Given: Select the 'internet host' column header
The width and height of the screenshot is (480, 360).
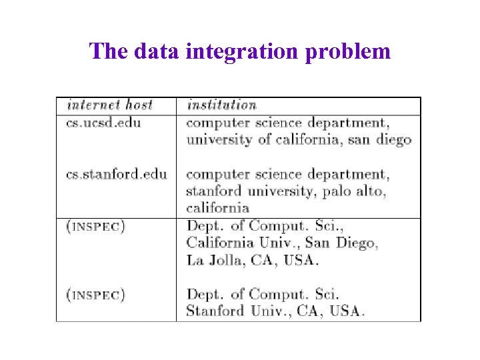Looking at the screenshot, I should pos(110,105).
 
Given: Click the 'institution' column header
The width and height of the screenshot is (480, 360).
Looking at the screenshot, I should pos(222,105).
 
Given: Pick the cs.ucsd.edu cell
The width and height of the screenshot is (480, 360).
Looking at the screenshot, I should pos(104,123).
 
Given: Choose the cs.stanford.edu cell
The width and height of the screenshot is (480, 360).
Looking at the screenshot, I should pos(117,175).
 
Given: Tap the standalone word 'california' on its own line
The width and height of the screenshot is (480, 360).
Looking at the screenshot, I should pos(218,208).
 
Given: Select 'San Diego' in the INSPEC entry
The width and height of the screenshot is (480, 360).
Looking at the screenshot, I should pos(345,243).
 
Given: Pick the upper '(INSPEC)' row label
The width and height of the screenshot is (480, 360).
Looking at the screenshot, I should pos(96,226).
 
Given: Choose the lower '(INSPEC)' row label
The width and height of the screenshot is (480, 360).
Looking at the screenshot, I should pos(96,294).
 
